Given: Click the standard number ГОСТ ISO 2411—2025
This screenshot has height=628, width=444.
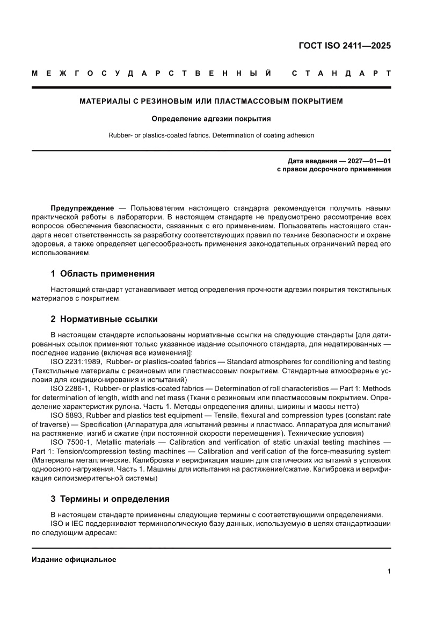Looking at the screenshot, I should coord(344,45).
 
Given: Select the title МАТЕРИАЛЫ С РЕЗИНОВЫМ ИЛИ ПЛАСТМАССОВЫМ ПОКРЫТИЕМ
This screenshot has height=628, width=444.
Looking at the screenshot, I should coord(211,100).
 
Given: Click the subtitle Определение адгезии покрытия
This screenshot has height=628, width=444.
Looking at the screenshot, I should coord(211,118).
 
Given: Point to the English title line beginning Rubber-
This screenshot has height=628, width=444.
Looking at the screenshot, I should coord(211,135).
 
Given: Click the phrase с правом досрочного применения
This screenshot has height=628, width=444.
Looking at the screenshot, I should coord(333,169).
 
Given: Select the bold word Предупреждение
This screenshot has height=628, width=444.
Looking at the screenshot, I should coord(82,208).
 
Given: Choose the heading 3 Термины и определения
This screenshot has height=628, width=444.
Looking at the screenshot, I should coord(110,498).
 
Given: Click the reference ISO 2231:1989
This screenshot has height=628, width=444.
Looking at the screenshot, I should coord(74,362).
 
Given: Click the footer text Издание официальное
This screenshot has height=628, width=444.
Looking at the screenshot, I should coord(74,559).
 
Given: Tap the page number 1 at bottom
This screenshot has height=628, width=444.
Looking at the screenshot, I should coord(389,572).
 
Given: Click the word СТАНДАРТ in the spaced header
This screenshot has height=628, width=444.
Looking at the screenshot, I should coord(341,73).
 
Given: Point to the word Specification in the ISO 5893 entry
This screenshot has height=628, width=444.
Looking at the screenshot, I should coord(99,424).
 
